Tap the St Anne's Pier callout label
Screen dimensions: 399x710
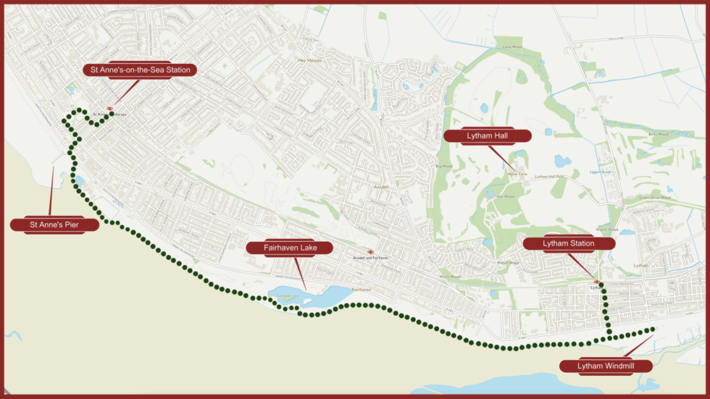click(54, 225)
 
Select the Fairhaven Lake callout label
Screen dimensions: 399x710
click(289, 248)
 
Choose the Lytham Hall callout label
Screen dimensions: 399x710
click(487, 136)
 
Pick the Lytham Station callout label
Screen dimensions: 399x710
click(568, 243)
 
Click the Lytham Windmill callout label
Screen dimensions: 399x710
click(606, 366)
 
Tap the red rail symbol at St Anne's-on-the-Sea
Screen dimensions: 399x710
click(109, 109)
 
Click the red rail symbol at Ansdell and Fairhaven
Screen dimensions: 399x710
click(370, 252)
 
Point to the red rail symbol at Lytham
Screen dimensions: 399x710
click(596, 282)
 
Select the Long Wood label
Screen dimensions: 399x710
click(512, 47)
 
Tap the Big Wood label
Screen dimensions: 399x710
click(443, 167)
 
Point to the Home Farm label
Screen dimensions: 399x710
click(517, 174)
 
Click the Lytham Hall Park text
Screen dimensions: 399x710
click(549, 177)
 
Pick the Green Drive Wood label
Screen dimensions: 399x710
click(653, 197)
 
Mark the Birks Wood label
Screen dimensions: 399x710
click(657, 135)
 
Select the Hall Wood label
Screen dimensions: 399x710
click(506, 196)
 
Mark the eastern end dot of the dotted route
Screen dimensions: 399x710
click(653, 329)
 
